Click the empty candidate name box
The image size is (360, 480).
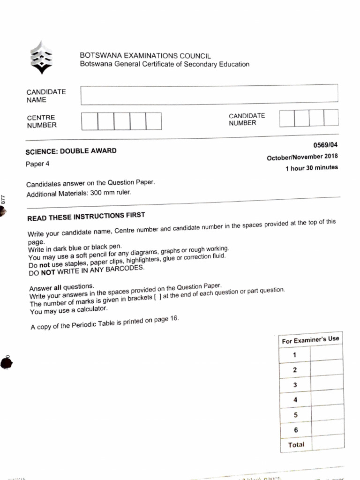click(x=209, y=95)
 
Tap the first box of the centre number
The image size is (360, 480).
click(x=90, y=121)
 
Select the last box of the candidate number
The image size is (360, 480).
click(x=330, y=118)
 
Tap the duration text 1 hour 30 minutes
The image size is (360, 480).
click(x=311, y=168)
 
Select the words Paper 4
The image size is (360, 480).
click(x=37, y=164)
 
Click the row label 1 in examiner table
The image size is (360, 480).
click(x=294, y=355)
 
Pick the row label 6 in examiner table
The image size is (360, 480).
click(x=295, y=429)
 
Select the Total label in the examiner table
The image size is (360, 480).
click(x=296, y=444)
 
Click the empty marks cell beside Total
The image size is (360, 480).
click(x=327, y=443)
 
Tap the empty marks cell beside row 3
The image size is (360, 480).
click(x=327, y=384)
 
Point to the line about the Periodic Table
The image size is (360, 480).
click(x=105, y=323)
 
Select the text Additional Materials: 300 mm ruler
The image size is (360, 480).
click(x=79, y=194)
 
